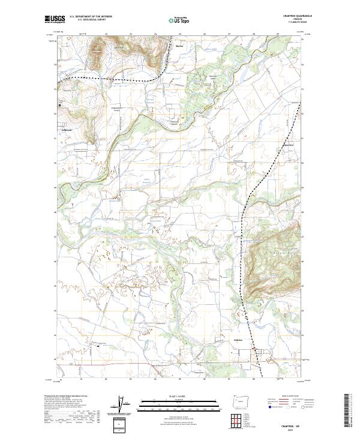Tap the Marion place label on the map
pos(179,46)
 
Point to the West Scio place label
pos(288,144)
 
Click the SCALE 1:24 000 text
pos(180,395)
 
